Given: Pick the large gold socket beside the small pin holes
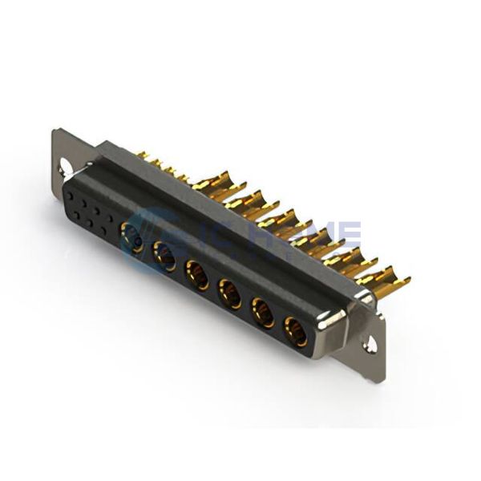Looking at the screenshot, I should point(131,236).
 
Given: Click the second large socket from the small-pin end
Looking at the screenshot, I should point(164,255).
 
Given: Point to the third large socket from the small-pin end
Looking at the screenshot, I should point(196,273).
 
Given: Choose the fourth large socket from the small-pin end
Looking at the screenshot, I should point(229,292).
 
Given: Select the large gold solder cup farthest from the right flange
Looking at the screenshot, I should point(211,186).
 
